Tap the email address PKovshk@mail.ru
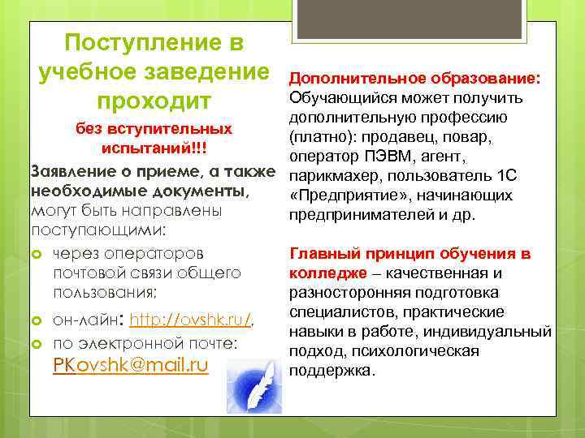point(130,365)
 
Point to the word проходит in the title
point(154,103)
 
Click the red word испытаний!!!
point(154,150)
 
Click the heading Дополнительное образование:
point(416,79)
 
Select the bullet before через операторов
point(37,254)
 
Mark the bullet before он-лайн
point(37,322)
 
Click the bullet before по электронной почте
point(37,345)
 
